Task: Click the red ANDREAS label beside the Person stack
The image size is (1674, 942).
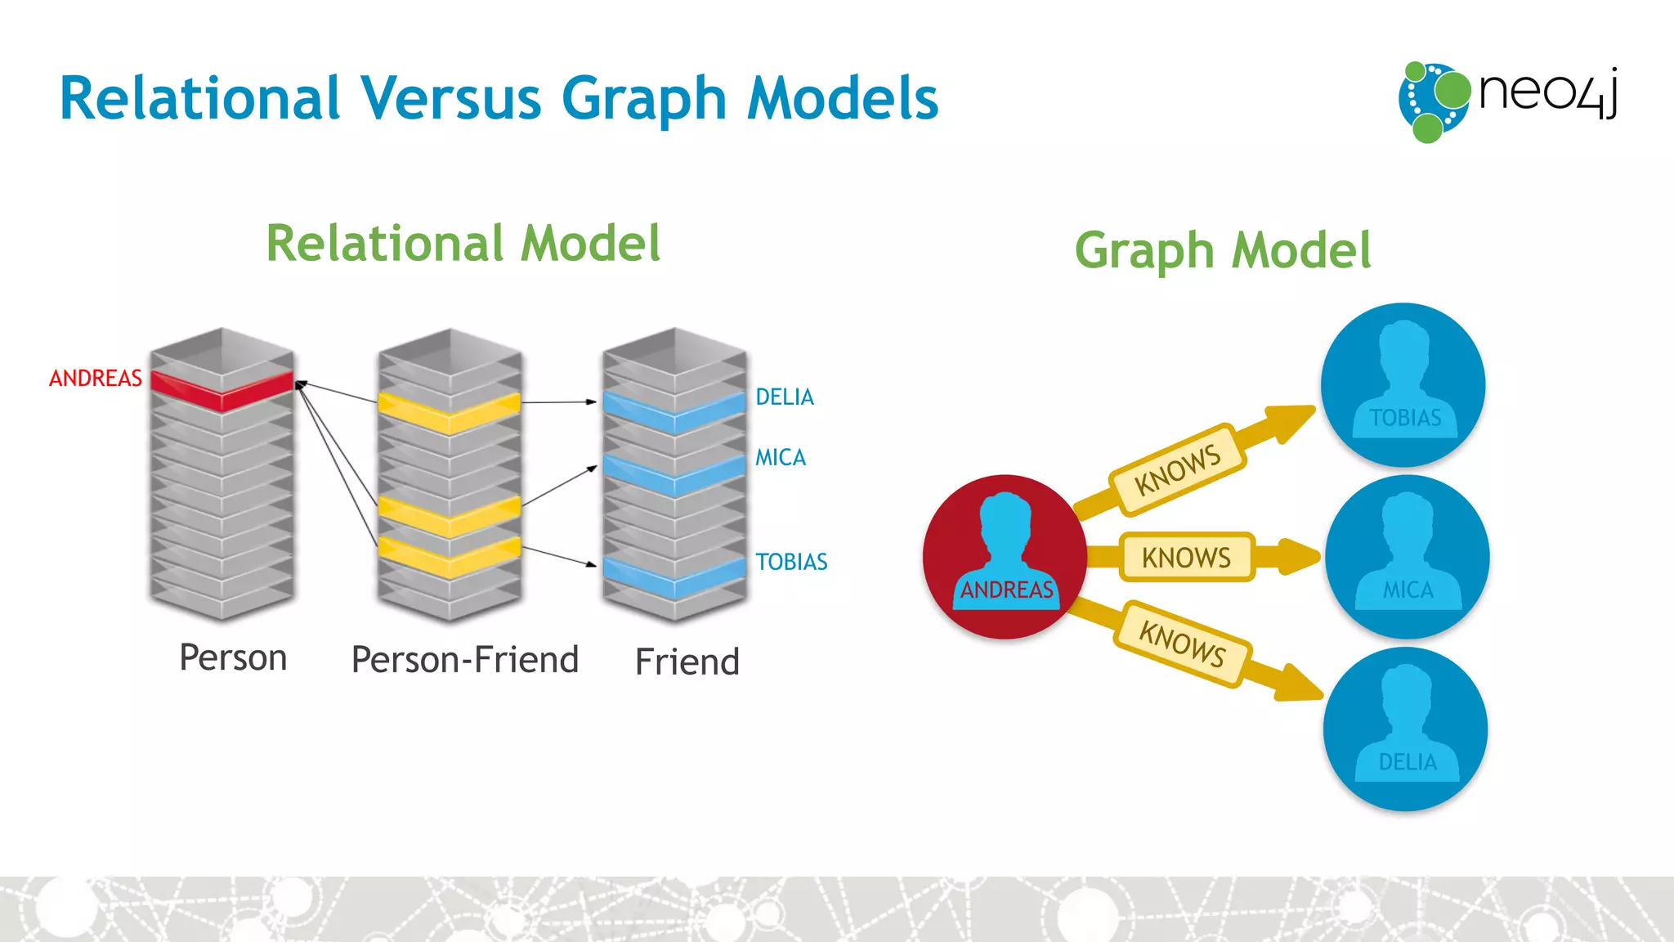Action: (96, 379)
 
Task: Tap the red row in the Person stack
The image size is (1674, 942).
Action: (222, 391)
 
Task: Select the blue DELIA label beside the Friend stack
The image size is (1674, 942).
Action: (785, 397)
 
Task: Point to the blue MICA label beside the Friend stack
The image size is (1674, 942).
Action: (781, 458)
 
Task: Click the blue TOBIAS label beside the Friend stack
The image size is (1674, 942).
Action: (791, 563)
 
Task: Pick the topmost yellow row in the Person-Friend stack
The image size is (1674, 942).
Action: (449, 412)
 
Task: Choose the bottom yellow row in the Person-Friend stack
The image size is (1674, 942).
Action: (449, 557)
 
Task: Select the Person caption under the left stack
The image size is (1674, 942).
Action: (233, 658)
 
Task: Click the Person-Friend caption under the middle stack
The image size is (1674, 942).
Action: (465, 660)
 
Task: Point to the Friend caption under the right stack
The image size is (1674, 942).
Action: (687, 662)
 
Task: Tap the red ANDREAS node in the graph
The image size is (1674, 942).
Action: (1005, 557)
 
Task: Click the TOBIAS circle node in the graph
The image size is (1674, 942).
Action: (1403, 385)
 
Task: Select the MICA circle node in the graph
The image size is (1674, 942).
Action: (1407, 557)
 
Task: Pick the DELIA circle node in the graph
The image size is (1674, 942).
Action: (1406, 729)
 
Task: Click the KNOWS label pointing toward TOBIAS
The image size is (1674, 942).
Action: (1178, 470)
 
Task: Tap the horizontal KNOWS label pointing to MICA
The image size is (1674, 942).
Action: (1186, 558)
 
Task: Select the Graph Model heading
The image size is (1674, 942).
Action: (1223, 250)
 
